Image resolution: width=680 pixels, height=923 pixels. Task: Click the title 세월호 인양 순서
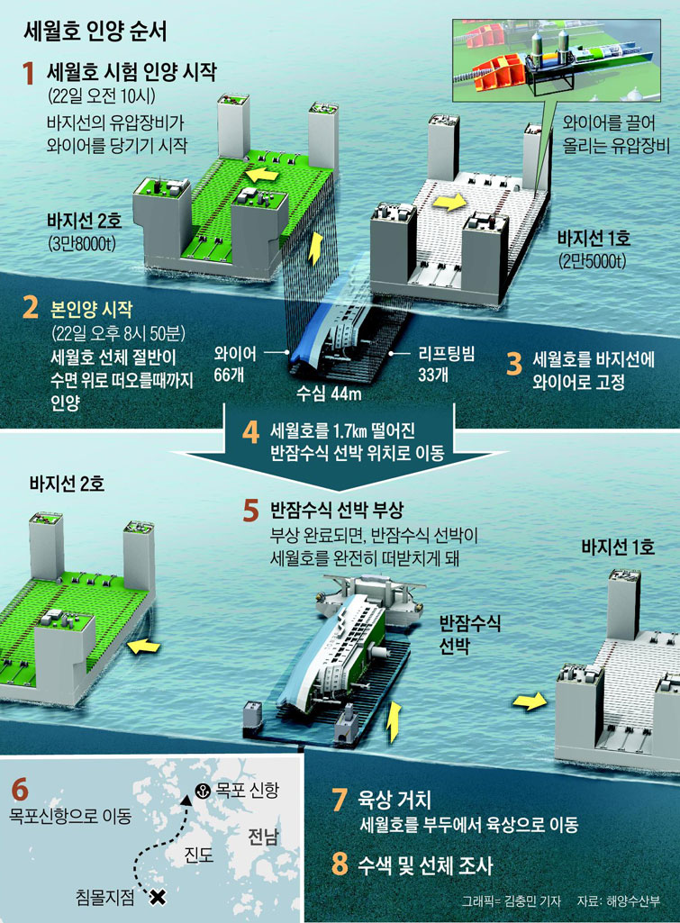click(95, 32)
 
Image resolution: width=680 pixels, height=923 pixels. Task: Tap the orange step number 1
click(28, 74)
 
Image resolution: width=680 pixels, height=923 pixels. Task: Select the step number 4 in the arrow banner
click(250, 432)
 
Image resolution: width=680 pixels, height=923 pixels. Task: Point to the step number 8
click(340, 864)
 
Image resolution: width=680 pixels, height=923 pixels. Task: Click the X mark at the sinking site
click(158, 897)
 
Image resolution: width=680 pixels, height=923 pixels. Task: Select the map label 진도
click(199, 855)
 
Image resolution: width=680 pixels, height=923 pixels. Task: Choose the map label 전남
click(263, 836)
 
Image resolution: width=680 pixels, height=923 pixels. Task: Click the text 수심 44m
click(329, 394)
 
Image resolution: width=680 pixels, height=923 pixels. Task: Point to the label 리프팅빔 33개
click(446, 364)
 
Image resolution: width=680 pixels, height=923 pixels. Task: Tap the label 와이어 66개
click(235, 364)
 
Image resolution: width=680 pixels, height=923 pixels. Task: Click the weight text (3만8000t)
click(81, 243)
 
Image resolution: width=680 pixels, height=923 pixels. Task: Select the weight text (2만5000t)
click(593, 260)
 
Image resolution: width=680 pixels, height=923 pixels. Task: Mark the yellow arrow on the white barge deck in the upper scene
click(449, 203)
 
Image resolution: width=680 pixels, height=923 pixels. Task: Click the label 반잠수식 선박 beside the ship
click(470, 634)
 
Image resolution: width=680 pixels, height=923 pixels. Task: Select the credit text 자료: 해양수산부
click(618, 901)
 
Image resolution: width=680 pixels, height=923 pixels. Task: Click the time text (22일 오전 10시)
click(102, 96)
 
